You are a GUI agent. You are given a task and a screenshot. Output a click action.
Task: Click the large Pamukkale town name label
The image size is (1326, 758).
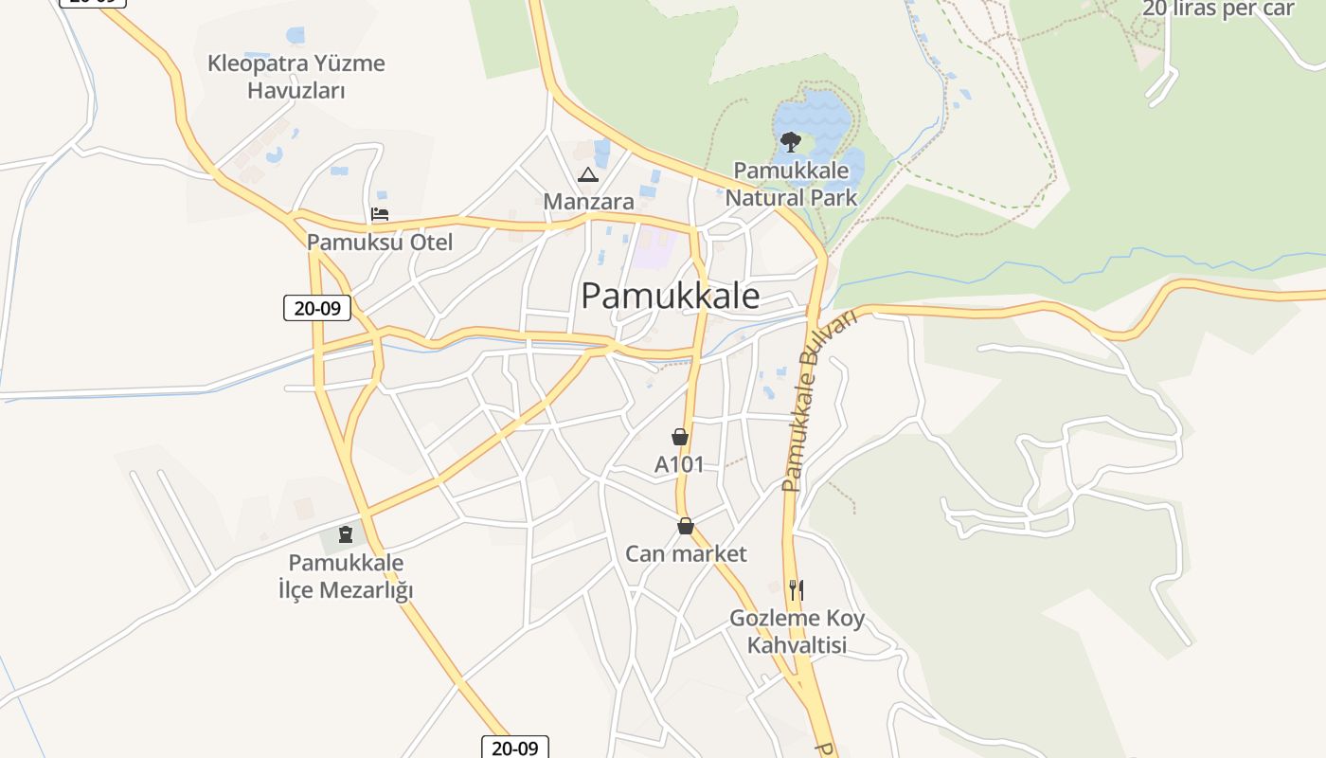(x=670, y=296)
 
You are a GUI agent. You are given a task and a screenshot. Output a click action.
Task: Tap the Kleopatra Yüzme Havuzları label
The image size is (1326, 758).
(x=296, y=77)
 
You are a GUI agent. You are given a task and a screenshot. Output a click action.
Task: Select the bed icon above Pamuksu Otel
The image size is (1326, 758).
(x=380, y=214)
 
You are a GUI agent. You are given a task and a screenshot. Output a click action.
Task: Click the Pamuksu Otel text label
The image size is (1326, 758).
(x=380, y=242)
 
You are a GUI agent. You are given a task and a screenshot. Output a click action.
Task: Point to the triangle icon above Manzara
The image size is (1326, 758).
(x=588, y=175)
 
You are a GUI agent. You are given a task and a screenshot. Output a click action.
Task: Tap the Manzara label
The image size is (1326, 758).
(x=588, y=201)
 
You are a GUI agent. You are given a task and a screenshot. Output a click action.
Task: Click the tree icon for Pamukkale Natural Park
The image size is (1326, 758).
(x=790, y=142)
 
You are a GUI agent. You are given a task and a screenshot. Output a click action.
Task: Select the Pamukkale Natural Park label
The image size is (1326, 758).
(x=791, y=184)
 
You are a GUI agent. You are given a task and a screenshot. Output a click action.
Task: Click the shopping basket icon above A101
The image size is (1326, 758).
(x=679, y=437)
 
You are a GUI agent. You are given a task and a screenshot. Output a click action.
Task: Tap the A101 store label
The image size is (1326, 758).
(x=679, y=464)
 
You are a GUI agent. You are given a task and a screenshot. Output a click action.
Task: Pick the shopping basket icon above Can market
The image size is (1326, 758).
(x=685, y=526)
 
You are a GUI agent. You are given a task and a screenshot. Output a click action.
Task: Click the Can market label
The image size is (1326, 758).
(x=686, y=553)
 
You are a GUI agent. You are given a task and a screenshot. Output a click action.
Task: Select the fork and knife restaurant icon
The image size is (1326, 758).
(x=796, y=590)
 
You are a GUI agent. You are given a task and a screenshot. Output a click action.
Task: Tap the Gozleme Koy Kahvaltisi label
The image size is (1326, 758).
(x=797, y=632)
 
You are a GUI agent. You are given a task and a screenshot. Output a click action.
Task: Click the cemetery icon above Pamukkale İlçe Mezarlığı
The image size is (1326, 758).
(x=345, y=534)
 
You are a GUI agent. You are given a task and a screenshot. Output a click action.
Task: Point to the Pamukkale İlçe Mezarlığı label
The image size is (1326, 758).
(x=346, y=576)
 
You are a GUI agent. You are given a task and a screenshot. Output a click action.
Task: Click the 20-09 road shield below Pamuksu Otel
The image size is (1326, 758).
(x=316, y=308)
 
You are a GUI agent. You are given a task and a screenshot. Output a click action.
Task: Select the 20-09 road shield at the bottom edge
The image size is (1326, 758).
(x=514, y=748)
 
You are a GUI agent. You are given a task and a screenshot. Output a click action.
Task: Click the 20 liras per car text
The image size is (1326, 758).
(x=1218, y=9)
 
